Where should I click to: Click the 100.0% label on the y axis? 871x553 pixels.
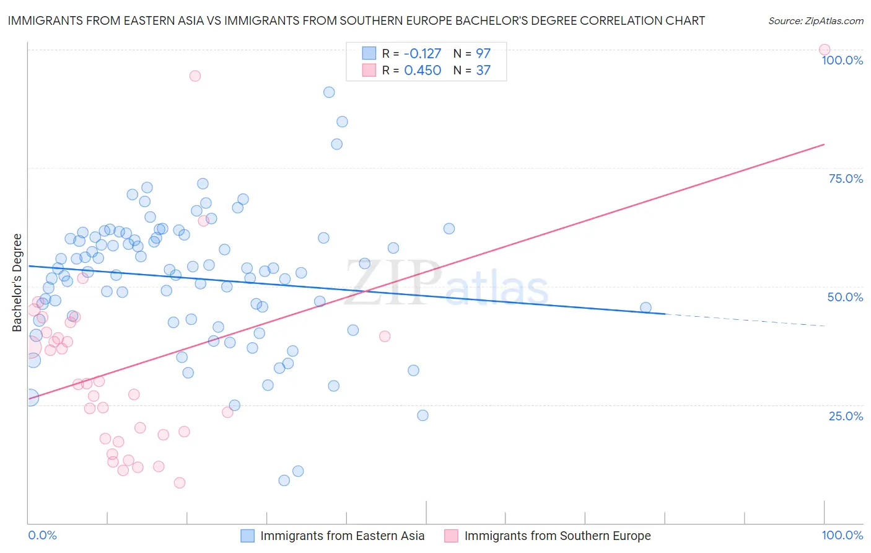[842, 60]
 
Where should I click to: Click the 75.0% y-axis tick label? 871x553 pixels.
[846, 179]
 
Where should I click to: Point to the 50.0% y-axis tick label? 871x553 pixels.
[845, 297]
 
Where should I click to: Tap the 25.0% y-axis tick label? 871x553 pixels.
[846, 416]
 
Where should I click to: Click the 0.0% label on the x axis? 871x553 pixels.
[42, 536]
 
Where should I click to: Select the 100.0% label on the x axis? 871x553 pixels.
[842, 536]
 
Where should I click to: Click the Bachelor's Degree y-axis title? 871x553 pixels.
[17, 283]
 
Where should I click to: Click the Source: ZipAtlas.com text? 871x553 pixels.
[815, 21]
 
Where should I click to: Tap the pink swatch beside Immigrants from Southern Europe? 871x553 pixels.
[451, 536]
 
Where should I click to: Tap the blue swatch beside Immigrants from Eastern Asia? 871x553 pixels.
[247, 536]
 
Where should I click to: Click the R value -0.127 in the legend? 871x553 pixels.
[422, 54]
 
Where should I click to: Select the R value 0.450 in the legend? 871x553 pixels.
[422, 71]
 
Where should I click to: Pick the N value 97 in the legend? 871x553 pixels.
[483, 54]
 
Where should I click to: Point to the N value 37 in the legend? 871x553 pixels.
[483, 71]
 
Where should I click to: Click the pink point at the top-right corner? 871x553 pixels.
[825, 50]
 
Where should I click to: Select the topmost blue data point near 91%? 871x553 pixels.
[329, 92]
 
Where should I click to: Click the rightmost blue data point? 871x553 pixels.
[646, 307]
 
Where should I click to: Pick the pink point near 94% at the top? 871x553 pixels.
[195, 76]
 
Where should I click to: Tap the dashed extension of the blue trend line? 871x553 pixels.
[743, 320]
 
